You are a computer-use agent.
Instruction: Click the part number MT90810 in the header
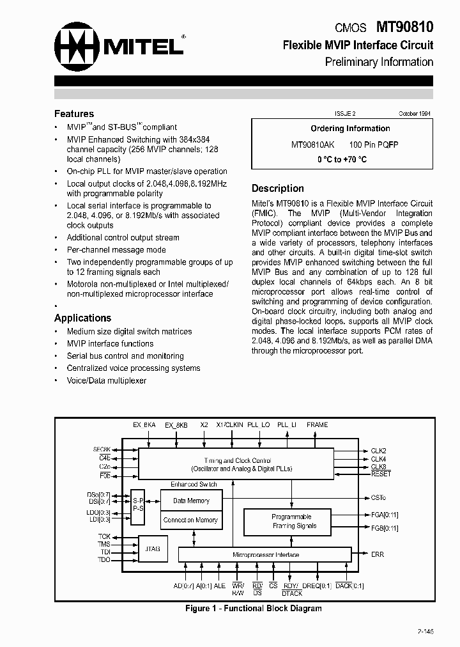[405, 27]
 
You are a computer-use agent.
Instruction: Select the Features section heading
[74, 114]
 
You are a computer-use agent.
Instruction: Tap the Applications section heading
[82, 318]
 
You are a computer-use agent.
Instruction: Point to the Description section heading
[277, 188]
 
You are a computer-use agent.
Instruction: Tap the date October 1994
[415, 113]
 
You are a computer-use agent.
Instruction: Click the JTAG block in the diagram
[153, 549]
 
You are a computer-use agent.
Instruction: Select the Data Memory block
[191, 501]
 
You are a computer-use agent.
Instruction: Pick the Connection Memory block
[191, 520]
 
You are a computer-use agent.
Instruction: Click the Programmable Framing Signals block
[291, 521]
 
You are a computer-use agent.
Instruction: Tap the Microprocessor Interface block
[265, 555]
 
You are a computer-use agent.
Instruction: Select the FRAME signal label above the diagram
[317, 425]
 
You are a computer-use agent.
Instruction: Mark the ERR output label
[377, 554]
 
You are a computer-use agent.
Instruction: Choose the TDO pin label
[104, 559]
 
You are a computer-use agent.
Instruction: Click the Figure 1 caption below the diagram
[253, 608]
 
